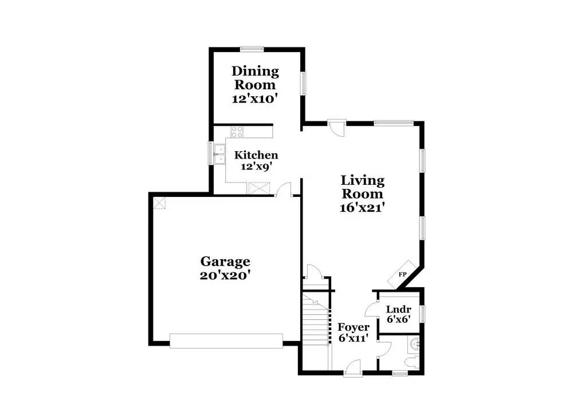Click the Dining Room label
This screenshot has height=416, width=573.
[255, 78]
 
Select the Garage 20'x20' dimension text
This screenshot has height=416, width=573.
[225, 275]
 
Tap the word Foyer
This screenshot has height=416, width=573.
[353, 327]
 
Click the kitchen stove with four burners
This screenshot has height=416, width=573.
[237, 131]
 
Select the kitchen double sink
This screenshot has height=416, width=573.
[221, 153]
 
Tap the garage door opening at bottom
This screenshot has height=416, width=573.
[226, 341]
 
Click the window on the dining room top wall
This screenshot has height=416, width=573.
[252, 49]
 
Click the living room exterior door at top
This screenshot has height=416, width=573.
[336, 125]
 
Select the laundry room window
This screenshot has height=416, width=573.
[423, 314]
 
